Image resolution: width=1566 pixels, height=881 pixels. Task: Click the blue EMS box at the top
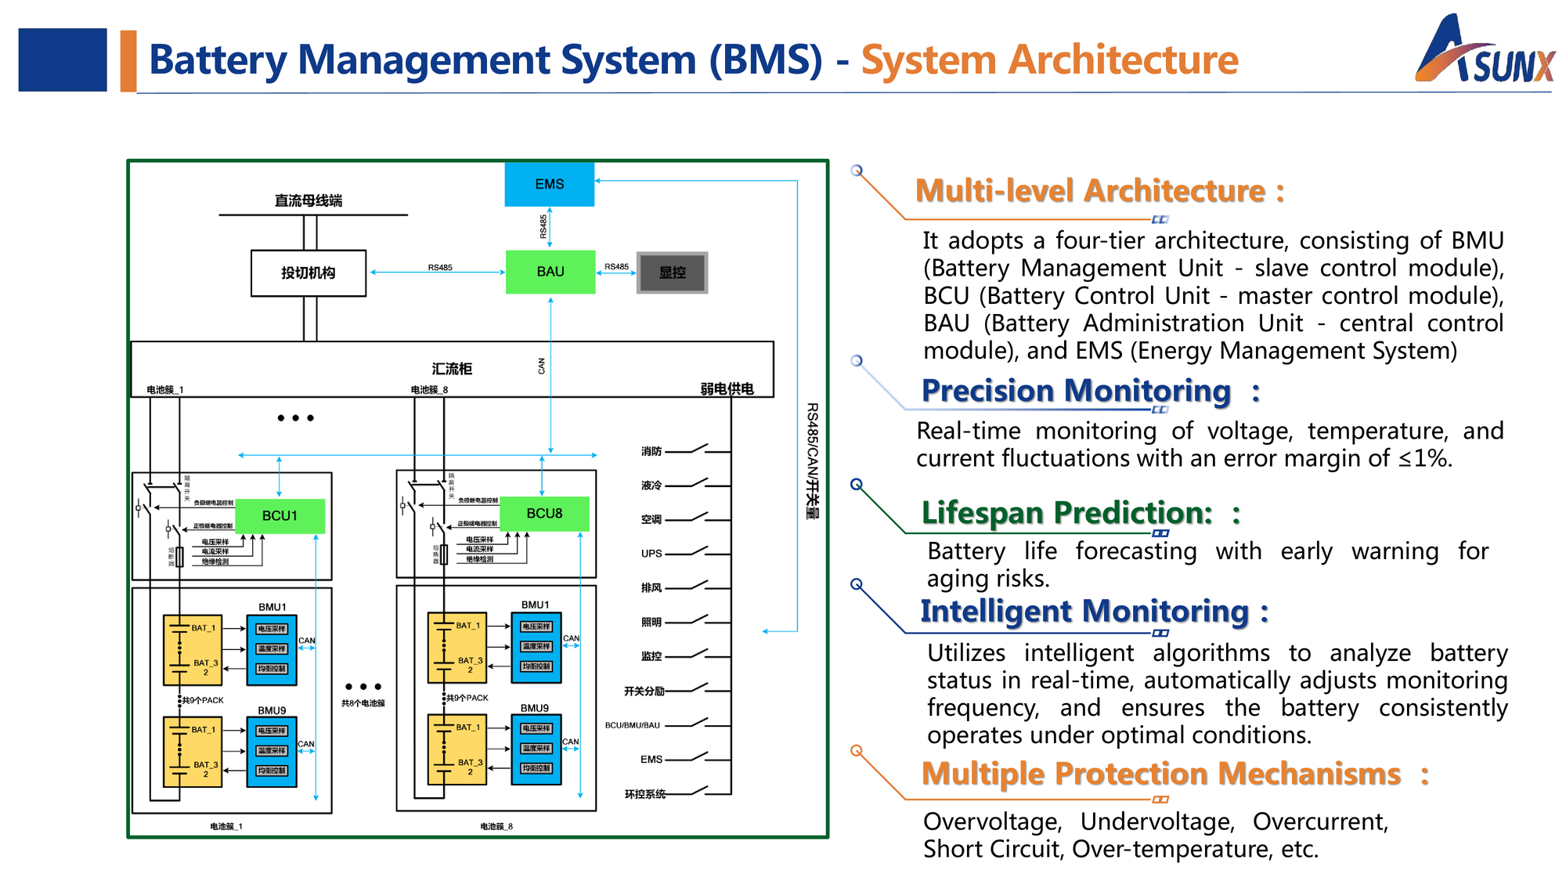point(549,184)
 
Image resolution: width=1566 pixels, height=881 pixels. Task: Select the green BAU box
point(550,272)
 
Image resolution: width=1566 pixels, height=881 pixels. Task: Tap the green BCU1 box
point(280,516)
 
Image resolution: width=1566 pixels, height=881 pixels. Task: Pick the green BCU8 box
point(544,514)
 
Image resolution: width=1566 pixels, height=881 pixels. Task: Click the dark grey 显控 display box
point(672,273)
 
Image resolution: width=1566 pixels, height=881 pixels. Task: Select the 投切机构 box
point(309,273)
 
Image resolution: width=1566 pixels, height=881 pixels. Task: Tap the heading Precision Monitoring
point(1076,391)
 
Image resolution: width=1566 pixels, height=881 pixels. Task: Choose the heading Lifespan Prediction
point(1066,513)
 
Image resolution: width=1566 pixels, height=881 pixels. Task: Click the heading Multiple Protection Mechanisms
point(1160,774)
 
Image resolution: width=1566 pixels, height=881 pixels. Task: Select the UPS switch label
point(651,554)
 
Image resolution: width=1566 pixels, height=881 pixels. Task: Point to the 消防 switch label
point(651,451)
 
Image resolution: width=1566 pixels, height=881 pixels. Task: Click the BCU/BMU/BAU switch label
point(633,725)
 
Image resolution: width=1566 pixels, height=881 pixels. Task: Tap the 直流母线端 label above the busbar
point(309,201)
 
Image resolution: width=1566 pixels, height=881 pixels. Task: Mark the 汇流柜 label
point(452,369)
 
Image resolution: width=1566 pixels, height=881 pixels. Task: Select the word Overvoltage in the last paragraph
point(992,821)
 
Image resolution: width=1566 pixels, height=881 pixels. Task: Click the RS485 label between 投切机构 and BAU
point(440,267)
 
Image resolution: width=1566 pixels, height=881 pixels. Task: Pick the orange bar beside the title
point(128,61)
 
